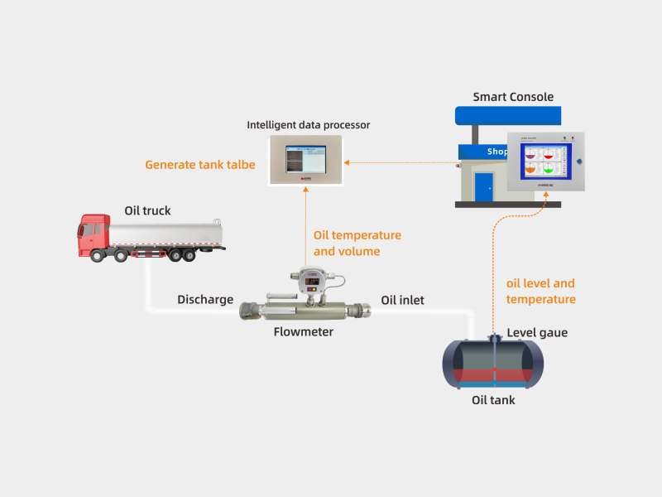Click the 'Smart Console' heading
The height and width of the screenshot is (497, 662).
(513, 97)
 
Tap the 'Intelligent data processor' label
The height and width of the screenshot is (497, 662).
(308, 125)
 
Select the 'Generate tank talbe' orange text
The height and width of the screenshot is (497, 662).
(200, 165)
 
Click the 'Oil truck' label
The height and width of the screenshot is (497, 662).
(147, 210)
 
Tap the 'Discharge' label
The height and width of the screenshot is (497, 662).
(205, 300)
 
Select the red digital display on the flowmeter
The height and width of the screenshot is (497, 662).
(313, 282)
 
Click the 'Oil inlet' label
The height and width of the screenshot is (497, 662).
(402, 300)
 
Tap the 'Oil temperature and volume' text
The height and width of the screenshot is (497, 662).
(357, 243)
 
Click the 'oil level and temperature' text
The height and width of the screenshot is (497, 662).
(540, 292)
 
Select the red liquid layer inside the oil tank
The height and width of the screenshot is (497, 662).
(493, 375)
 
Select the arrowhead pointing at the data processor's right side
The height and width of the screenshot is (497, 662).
(347, 162)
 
